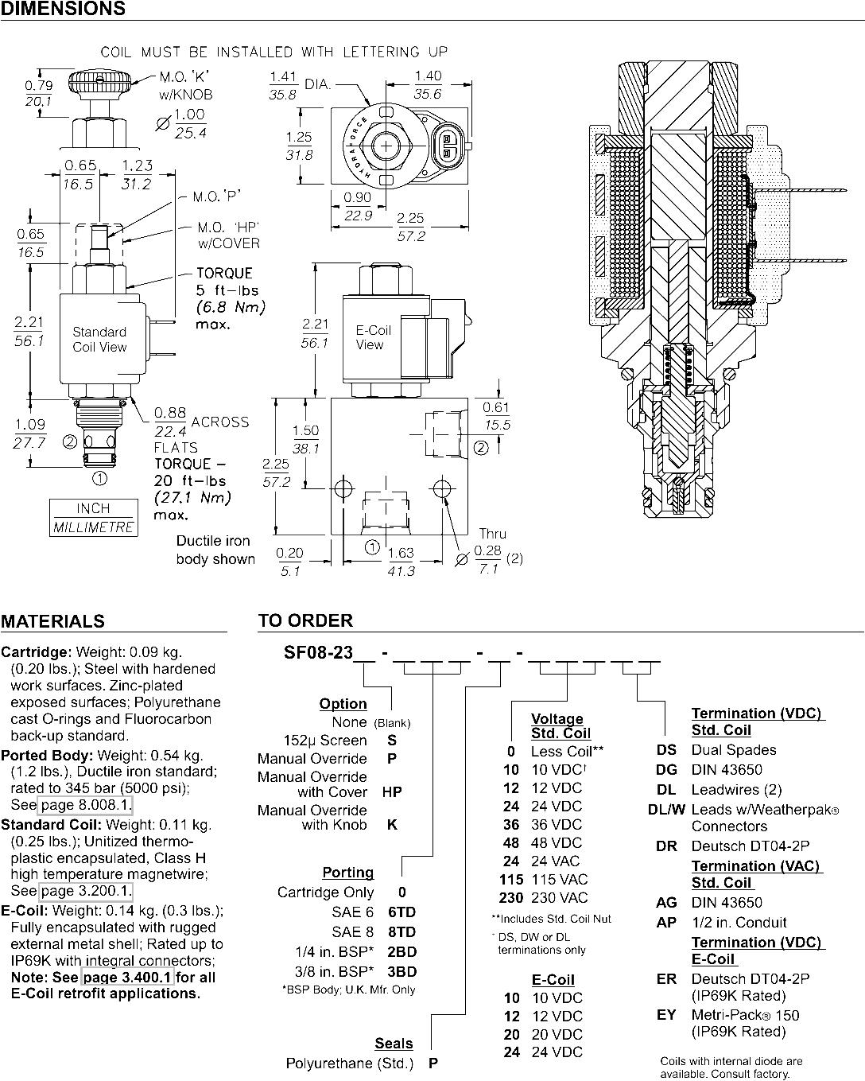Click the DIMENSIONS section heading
pyautogui.click(x=63, y=10)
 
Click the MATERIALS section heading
pyautogui.click(x=52, y=621)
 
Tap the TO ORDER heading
pyautogui.click(x=305, y=620)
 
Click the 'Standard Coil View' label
pyautogui.click(x=99, y=340)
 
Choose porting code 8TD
pyautogui.click(x=401, y=931)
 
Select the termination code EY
pyautogui.click(x=666, y=1015)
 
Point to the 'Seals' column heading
pyautogui.click(x=394, y=1043)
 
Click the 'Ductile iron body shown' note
pyautogui.click(x=215, y=550)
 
